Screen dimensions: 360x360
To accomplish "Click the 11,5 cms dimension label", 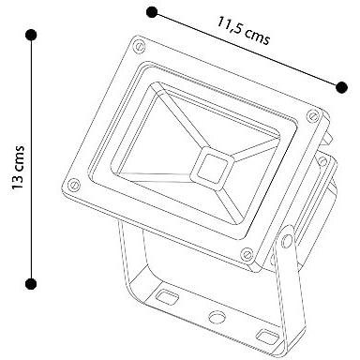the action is (x=243, y=31).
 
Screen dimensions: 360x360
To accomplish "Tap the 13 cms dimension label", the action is (x=18, y=167).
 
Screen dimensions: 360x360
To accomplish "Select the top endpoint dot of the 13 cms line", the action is (x=31, y=35).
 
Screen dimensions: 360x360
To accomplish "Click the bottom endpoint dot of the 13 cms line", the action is (x=31, y=284).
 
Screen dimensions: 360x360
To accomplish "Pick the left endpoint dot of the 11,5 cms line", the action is (x=152, y=12).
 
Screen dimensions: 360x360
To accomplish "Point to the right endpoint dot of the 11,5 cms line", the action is (x=341, y=87).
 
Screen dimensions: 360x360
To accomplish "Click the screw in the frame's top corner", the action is (x=139, y=47).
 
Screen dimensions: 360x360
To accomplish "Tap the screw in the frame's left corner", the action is (x=74, y=185).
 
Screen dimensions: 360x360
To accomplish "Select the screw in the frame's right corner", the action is (x=312, y=116).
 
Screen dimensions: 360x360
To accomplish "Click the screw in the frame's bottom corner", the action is (x=247, y=254).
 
